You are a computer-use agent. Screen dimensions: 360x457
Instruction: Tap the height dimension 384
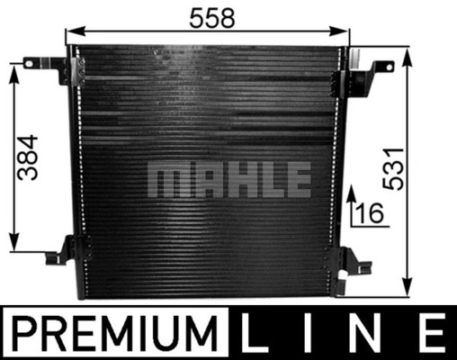pyautogui.click(x=29, y=157)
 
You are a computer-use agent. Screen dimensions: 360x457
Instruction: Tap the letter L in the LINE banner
pyautogui.click(x=258, y=334)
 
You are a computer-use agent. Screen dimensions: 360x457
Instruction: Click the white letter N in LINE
pyautogui.click(x=367, y=334)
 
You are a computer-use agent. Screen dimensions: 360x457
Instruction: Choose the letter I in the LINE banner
pyautogui.click(x=310, y=334)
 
